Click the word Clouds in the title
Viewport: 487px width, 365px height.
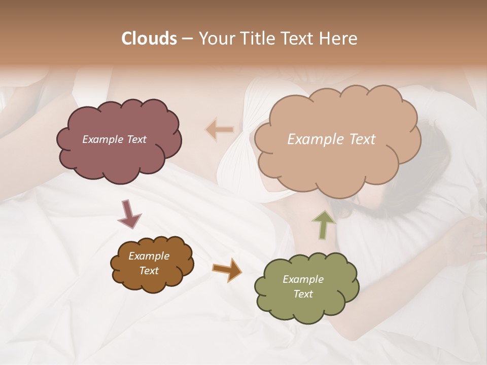point(149,39)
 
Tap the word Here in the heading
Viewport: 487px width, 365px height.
point(338,39)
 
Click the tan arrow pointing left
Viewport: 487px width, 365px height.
point(220,129)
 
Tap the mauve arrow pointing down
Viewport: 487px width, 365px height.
point(129,214)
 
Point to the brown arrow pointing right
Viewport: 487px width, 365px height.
point(227,269)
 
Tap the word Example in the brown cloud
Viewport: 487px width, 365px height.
point(149,256)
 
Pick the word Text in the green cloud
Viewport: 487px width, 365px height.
point(303,294)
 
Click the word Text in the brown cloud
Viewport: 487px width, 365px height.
point(149,271)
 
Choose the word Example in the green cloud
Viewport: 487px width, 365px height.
point(303,279)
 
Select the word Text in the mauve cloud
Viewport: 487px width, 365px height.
point(136,139)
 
